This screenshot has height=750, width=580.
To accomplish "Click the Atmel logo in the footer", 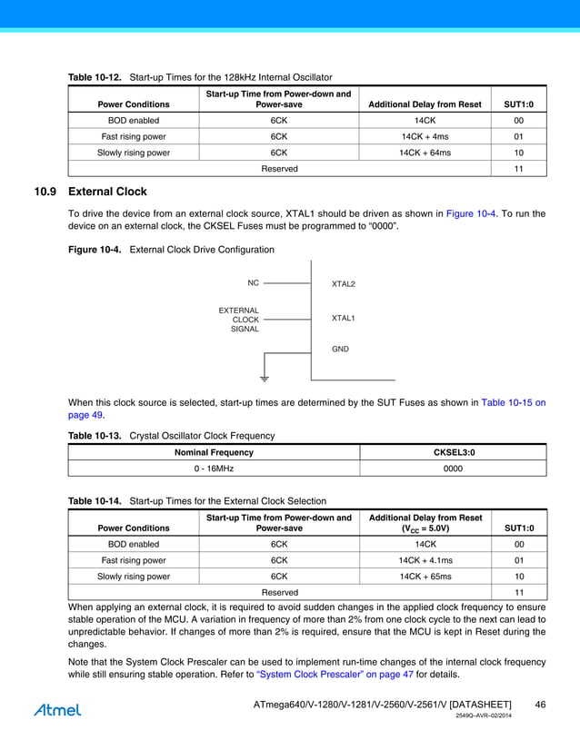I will pyautogui.click(x=57, y=710).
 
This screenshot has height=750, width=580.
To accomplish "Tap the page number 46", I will pyautogui.click(x=540, y=705).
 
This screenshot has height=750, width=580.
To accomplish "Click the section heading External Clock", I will pyautogui.click(x=107, y=192).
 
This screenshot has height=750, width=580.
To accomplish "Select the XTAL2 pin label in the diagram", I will pyautogui.click(x=344, y=284).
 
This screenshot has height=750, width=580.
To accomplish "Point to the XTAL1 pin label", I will pyautogui.click(x=344, y=319).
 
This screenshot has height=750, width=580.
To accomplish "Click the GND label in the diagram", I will pyautogui.click(x=340, y=349).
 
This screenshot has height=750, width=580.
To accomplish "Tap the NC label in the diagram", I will pyautogui.click(x=253, y=283).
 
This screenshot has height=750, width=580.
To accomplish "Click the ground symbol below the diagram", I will pyautogui.click(x=265, y=377).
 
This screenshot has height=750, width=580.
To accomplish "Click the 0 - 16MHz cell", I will pyautogui.click(x=215, y=469).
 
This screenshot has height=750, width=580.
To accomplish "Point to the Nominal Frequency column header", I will pyautogui.click(x=215, y=452).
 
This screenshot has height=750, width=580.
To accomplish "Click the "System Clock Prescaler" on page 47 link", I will pyautogui.click(x=335, y=675).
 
